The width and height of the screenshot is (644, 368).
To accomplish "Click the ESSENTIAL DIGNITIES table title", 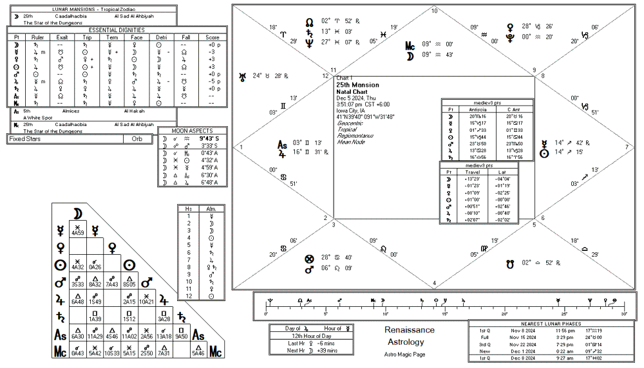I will coord(117,30).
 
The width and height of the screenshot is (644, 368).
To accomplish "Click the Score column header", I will coord(213,37).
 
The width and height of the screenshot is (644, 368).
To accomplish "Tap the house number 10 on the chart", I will coord(434,11).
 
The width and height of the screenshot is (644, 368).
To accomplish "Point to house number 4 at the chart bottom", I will coord(434,283).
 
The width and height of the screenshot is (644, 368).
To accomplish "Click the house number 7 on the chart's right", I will coord(626,147).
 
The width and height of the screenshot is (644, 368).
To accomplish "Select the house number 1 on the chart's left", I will coord(242,147).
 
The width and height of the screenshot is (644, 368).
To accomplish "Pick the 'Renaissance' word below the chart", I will coord(410,330).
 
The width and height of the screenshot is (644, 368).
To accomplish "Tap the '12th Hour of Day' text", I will coord(312,336).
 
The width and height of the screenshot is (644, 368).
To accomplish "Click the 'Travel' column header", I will coord(473,172).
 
